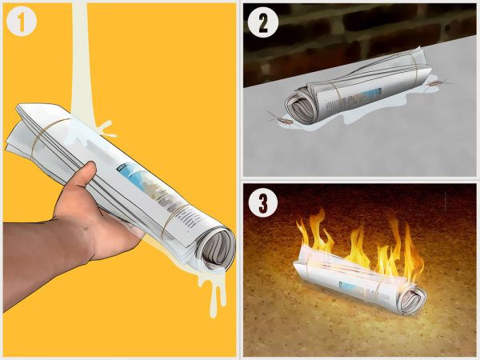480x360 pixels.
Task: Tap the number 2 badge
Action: (x=263, y=22)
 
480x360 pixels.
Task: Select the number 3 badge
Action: (x=263, y=203)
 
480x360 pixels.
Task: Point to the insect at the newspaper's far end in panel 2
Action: (x=437, y=83)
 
